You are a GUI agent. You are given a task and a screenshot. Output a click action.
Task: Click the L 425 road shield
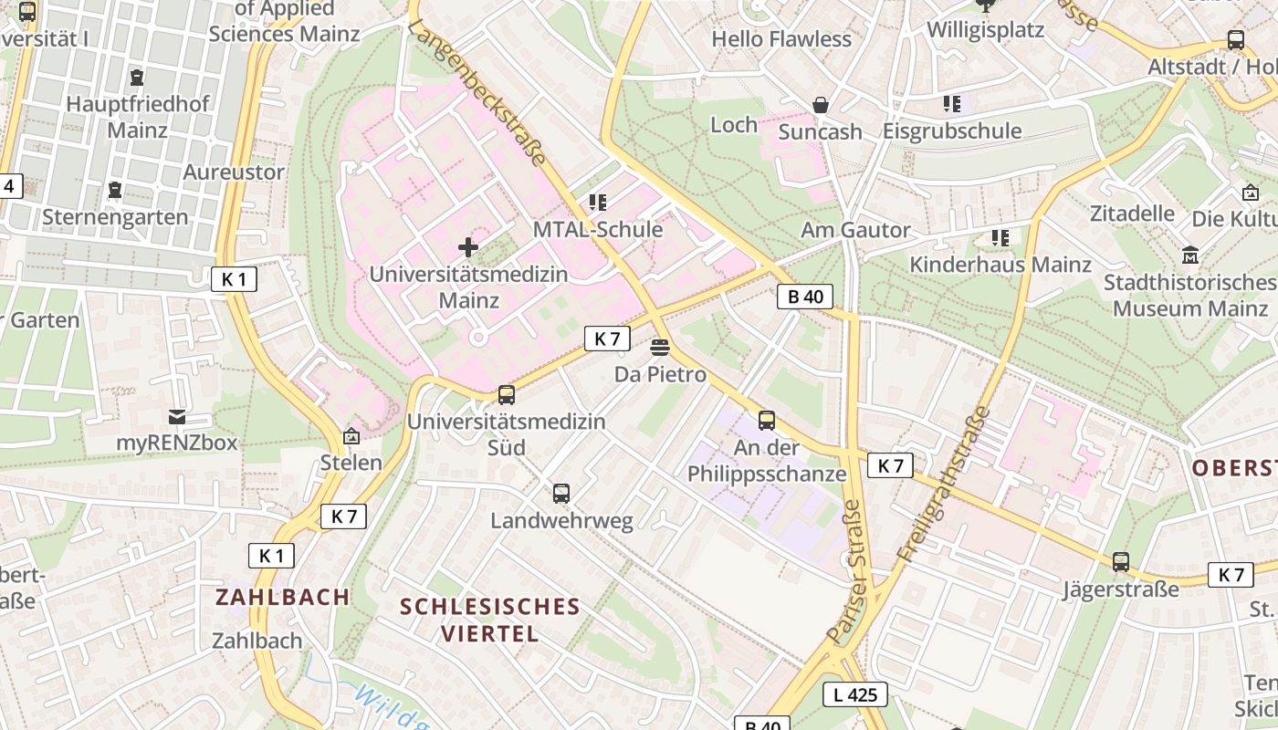pos(855,694)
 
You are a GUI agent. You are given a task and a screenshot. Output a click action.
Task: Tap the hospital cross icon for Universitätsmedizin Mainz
pos(468,247)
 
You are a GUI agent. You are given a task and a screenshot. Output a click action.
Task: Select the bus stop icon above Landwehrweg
pos(561,494)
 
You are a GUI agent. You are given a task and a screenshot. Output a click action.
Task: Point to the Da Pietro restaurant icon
pos(660,348)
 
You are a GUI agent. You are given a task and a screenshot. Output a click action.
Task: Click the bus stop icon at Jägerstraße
pos(1121,562)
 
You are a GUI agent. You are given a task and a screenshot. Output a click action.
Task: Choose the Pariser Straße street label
pos(845,571)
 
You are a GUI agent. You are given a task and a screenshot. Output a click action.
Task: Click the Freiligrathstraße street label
pos(945,484)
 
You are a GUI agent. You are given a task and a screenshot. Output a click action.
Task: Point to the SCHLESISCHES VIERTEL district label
pos(490,620)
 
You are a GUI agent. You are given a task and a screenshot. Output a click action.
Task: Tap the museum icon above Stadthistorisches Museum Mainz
pos(1190,255)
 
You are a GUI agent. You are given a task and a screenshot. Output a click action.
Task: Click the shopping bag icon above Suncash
pos(821,105)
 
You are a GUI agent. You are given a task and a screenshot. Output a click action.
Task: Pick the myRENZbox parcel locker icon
pos(177,417)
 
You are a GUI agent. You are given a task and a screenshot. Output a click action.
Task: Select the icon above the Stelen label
pos(351,437)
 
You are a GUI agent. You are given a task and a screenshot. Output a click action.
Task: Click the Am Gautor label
pos(855,230)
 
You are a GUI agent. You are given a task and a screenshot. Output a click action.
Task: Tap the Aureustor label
pos(234,172)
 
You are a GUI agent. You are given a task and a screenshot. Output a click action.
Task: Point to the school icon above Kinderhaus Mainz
pos(1000,238)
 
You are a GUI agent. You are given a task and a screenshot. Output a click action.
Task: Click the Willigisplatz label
pos(985,30)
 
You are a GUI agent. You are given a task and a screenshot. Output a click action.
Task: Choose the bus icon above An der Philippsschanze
pos(767,421)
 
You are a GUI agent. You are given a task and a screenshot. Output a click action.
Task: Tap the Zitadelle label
pos(1132,214)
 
